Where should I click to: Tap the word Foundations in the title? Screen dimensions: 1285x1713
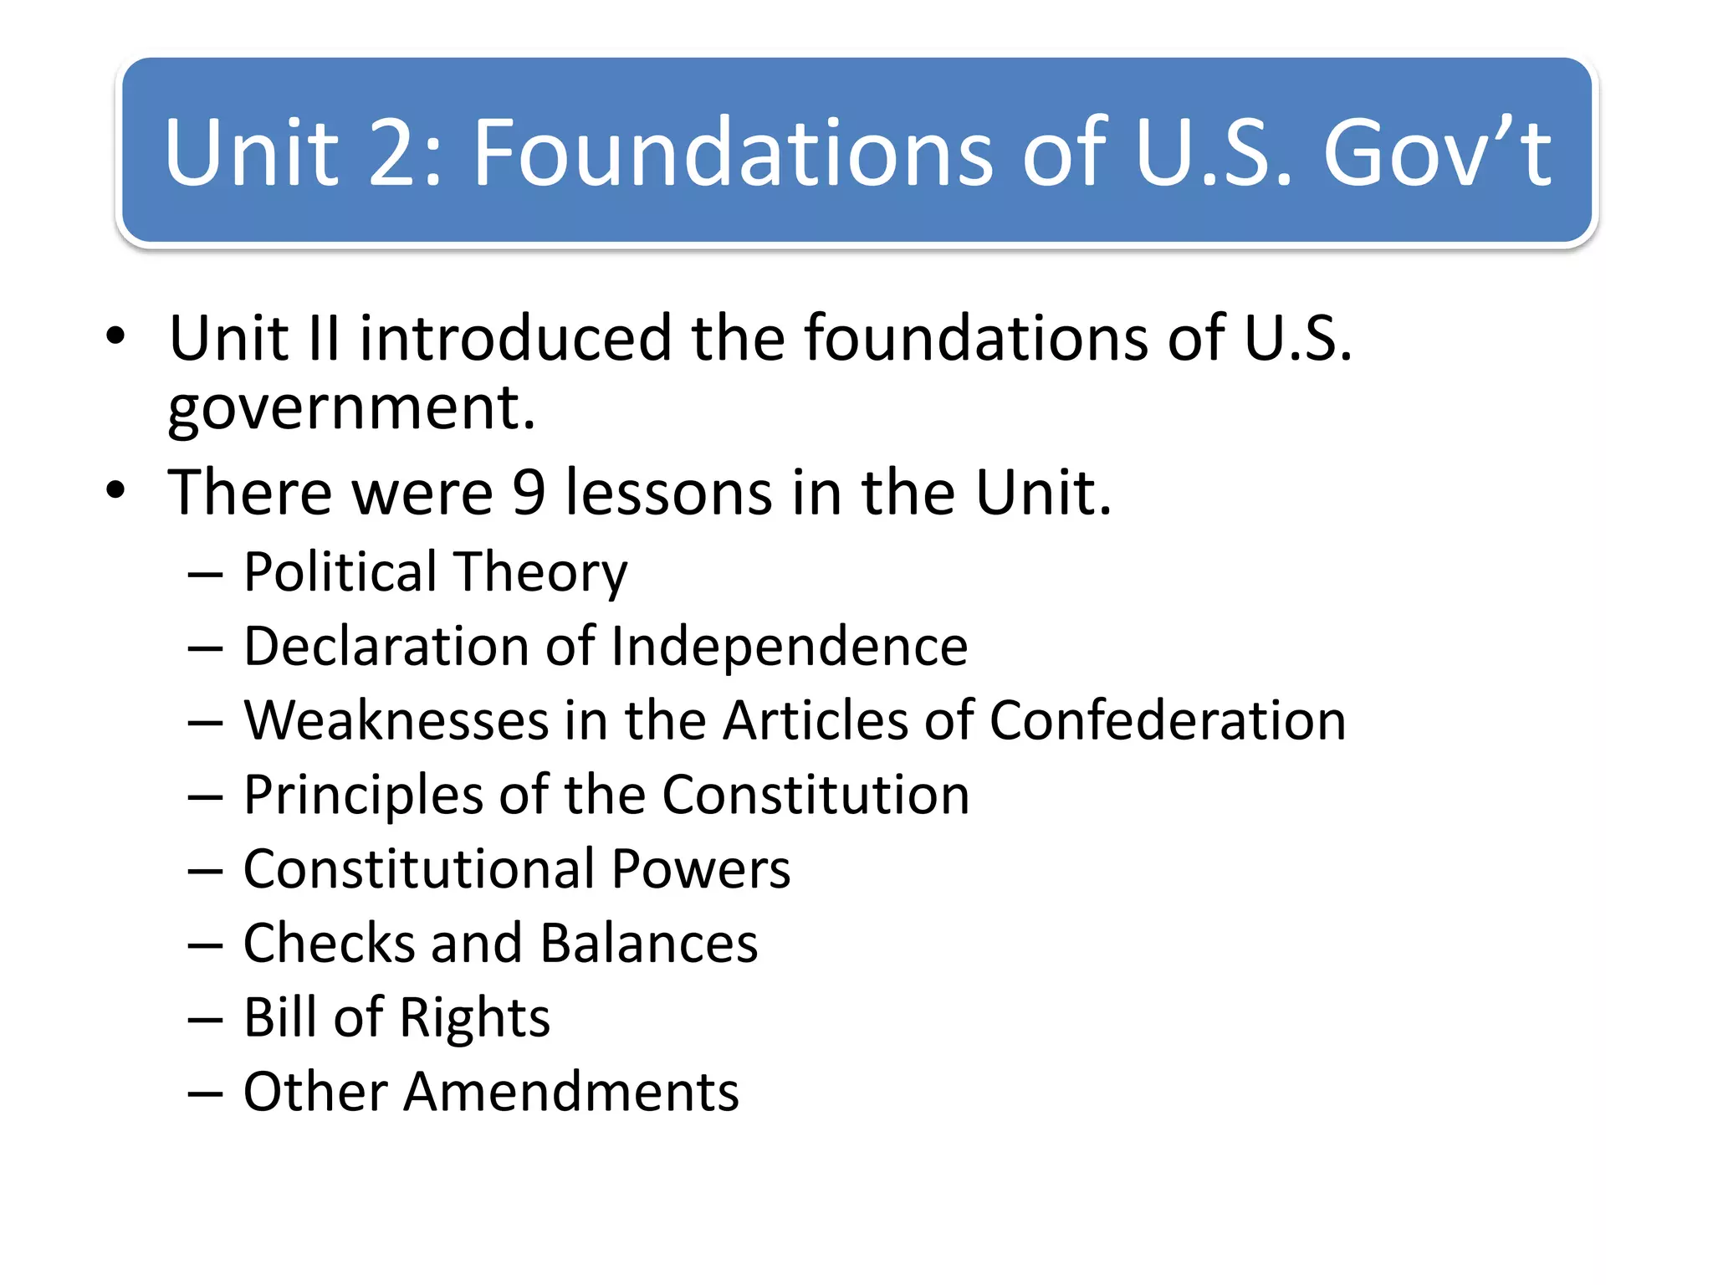[734, 152]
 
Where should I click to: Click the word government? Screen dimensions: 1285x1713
[351, 410]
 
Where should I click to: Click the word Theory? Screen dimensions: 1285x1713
[541, 574]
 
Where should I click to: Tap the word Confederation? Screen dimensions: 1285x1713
[1168, 720]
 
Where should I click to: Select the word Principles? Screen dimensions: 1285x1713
[363, 796]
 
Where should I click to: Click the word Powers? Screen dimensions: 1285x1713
[700, 869]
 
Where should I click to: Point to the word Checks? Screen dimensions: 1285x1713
[330, 944]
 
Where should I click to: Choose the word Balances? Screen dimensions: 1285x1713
[649, 944]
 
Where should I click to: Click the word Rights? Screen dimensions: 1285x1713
[474, 1019]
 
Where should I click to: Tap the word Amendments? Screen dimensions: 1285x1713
[571, 1092]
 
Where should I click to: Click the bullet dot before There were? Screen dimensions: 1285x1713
[115, 491]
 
